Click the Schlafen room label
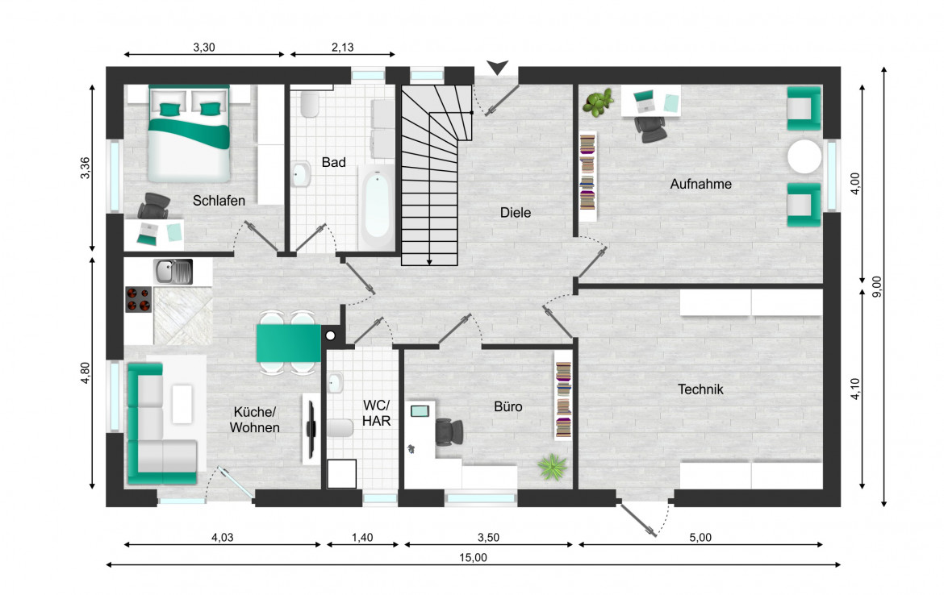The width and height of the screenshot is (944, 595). (219, 201)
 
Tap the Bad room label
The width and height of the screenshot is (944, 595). (333, 162)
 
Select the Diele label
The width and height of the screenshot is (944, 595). (516, 212)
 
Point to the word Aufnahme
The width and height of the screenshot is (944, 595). (701, 184)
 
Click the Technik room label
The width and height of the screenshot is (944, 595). (700, 389)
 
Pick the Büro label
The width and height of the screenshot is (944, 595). (508, 406)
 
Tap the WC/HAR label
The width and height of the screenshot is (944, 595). (376, 414)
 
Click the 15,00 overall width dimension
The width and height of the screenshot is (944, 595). (473, 558)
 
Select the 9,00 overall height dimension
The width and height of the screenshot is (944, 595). (876, 286)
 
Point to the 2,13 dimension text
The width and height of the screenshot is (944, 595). (343, 47)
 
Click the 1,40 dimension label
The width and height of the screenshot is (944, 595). (362, 537)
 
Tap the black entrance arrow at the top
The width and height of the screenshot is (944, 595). (497, 68)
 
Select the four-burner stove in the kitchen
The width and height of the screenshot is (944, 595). (139, 300)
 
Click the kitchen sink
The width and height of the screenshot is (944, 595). (173, 272)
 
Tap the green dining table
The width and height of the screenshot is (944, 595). (288, 343)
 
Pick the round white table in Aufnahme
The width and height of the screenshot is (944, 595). (804, 156)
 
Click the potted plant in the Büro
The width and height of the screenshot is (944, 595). (553, 467)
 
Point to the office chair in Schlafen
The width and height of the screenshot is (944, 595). (154, 207)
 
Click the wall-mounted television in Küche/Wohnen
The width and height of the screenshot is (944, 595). (311, 429)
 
